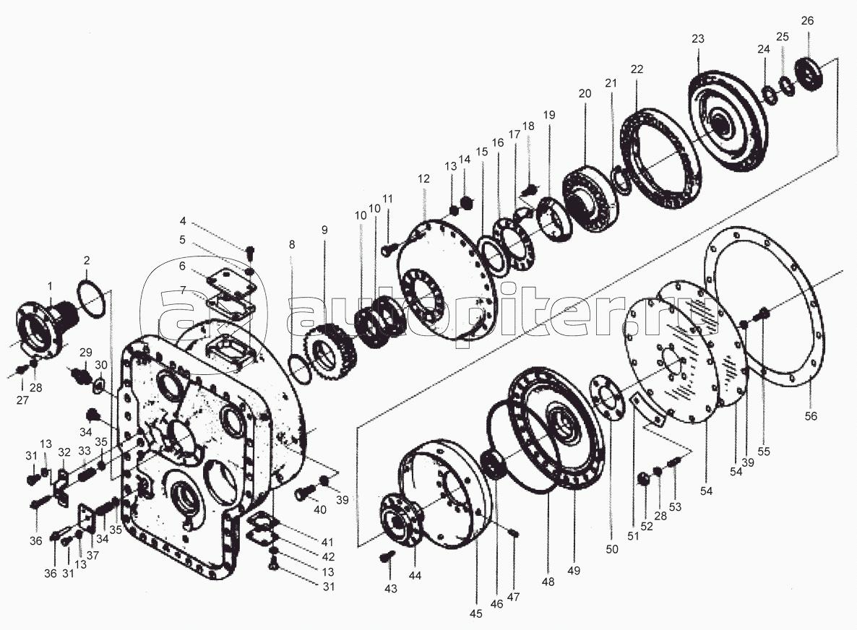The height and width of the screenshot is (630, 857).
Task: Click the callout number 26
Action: pyautogui.click(x=807, y=21)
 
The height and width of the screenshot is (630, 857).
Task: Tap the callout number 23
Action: pyautogui.click(x=698, y=39)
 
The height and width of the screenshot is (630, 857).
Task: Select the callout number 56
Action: pyautogui.click(x=811, y=416)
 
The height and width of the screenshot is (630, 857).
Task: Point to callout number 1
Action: pyautogui.click(x=51, y=286)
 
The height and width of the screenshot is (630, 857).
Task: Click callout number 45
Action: pyautogui.click(x=476, y=613)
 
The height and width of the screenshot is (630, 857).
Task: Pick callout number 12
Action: pyautogui.click(x=423, y=178)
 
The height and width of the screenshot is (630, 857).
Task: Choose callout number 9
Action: pyautogui.click(x=324, y=230)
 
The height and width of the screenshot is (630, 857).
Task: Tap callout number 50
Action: pyautogui.click(x=612, y=549)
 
